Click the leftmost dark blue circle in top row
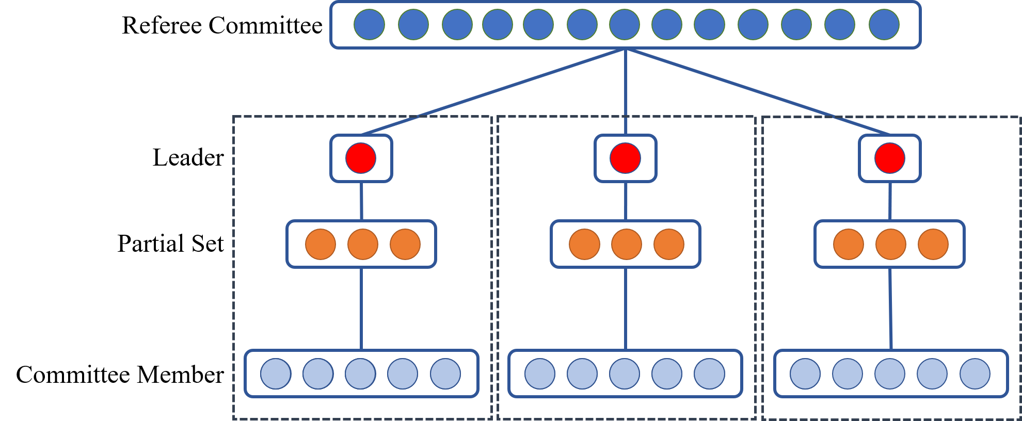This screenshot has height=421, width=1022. [369, 24]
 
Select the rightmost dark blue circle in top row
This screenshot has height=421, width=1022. [884, 24]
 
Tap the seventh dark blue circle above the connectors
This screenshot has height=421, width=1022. [625, 24]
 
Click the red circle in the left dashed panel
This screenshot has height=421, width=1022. [361, 158]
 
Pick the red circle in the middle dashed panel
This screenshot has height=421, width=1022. [625, 158]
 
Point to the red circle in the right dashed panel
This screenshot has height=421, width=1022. [889, 158]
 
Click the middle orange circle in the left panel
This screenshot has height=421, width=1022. [363, 244]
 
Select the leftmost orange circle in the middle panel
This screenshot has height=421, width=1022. [584, 244]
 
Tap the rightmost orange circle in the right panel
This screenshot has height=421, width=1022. [933, 244]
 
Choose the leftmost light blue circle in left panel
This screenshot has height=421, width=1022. [276, 374]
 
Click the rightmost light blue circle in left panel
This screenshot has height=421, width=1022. [445, 374]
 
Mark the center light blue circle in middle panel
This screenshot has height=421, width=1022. [625, 374]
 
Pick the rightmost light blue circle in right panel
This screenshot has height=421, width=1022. [975, 374]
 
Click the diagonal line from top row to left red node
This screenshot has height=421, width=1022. [493, 92]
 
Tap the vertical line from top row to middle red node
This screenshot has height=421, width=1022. [626, 93]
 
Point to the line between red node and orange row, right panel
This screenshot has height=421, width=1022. [890, 201]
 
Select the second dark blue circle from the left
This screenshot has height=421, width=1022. [413, 24]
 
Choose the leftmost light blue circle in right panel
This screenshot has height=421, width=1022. [805, 374]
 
